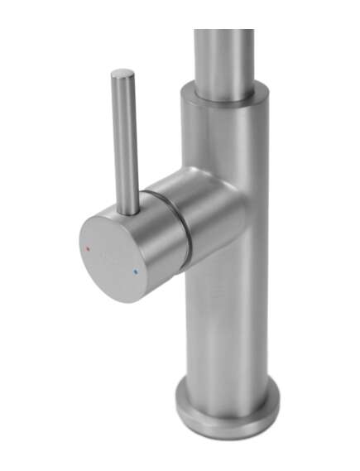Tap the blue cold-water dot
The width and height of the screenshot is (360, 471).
coord(135,271)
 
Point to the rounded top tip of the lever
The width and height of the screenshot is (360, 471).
coord(122,74)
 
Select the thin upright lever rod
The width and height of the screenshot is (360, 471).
coord(125,141)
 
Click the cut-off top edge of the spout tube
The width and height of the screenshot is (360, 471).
coord(223,31)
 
